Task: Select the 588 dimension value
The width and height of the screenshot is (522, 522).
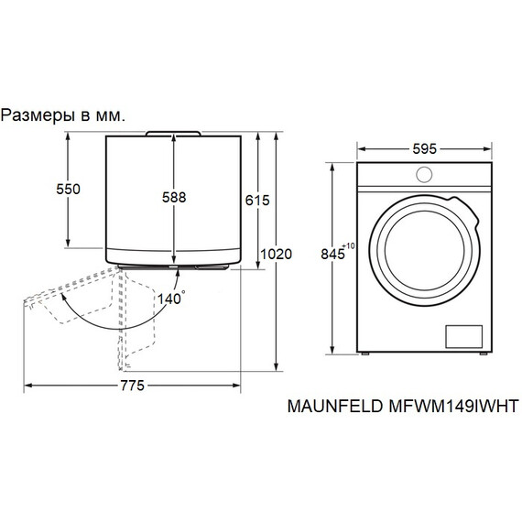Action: pyautogui.click(x=174, y=197)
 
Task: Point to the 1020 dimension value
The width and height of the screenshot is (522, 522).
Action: pyautogui.click(x=275, y=254)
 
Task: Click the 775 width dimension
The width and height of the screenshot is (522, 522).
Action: pyautogui.click(x=132, y=386)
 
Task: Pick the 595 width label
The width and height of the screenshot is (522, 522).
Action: pyautogui.click(x=422, y=147)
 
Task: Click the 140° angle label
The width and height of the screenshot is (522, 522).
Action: pyautogui.click(x=171, y=298)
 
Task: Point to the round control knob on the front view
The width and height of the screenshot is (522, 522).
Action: pyautogui.click(x=424, y=175)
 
